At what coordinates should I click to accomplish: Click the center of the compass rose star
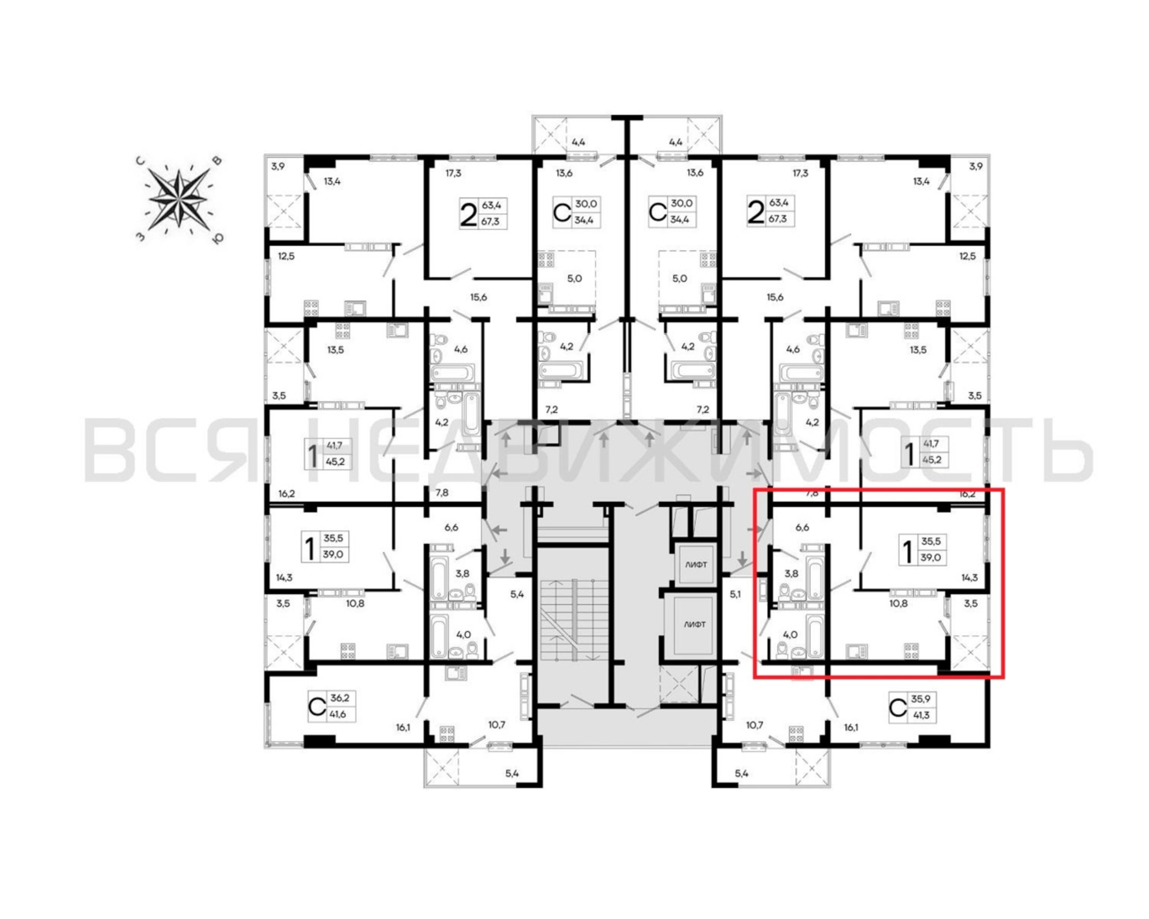[x=178, y=199]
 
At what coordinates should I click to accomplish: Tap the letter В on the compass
[x=217, y=160]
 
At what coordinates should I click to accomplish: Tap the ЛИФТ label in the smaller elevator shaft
[x=696, y=565]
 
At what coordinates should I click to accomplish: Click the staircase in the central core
[x=574, y=621]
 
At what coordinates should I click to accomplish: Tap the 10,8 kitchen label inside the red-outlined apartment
[x=899, y=604]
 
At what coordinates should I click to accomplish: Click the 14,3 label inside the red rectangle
[x=969, y=577]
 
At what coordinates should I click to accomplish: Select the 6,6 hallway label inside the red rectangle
[x=802, y=528]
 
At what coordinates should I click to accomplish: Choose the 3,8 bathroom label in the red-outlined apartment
[x=792, y=574]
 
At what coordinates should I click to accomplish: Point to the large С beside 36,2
[x=317, y=706]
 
